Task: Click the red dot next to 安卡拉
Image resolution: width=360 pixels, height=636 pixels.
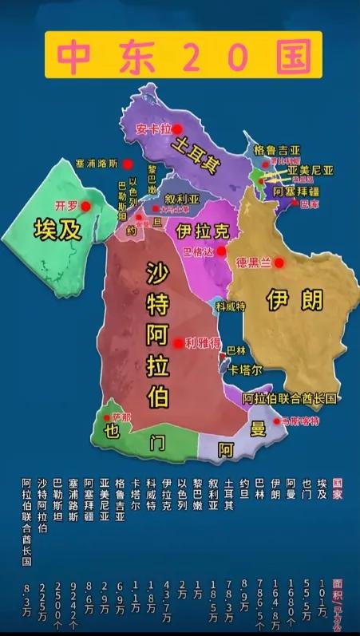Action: pos(179,128)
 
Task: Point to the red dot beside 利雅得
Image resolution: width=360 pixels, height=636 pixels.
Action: pos(178,343)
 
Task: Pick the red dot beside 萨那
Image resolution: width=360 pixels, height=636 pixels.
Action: pos(106,417)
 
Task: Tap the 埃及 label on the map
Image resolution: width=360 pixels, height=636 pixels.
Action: pos(57,231)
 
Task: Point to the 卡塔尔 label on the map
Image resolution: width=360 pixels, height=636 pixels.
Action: pos(245,369)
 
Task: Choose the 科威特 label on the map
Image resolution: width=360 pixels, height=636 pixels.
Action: pos(231,306)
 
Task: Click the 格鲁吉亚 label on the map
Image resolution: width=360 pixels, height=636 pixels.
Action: pos(277,150)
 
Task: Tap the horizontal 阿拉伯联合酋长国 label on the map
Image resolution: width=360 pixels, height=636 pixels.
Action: pos(290,398)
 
